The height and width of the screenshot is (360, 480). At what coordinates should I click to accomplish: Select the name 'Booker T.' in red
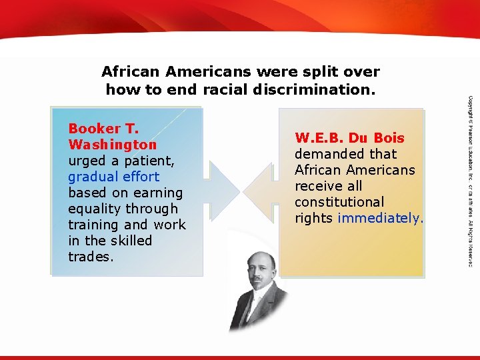click(x=103, y=129)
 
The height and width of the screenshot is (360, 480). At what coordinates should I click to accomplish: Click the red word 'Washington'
click(x=113, y=145)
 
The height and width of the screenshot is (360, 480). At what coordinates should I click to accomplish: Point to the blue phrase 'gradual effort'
click(x=113, y=177)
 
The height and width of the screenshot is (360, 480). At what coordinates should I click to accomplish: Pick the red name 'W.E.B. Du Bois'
click(x=349, y=138)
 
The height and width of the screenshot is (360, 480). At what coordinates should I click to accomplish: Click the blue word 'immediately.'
click(x=381, y=218)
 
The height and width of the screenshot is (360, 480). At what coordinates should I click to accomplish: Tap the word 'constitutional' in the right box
click(x=339, y=202)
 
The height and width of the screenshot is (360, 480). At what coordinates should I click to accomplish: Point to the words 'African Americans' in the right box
click(x=355, y=170)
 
